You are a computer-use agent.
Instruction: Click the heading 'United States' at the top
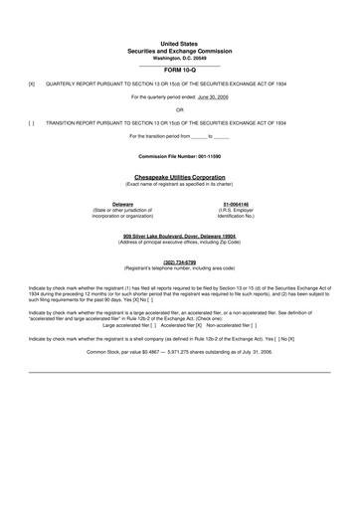coord(180,45)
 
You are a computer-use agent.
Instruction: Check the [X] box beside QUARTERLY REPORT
coord(32,85)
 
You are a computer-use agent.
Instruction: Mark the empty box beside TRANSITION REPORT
coord(32,122)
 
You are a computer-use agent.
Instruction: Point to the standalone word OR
coord(180,109)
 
